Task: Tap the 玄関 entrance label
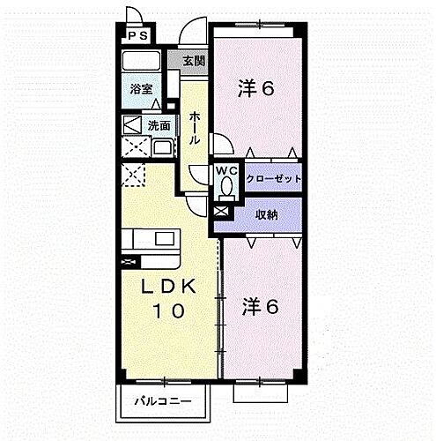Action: coord(194,61)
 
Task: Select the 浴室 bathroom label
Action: coord(140,89)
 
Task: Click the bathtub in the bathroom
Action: coord(141,62)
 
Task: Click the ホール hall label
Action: coord(194,129)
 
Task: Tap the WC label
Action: coord(226,170)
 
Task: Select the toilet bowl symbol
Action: coord(226,188)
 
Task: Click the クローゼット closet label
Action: coord(273,179)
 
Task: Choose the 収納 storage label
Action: coord(268,213)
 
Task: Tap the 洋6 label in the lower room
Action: coord(261,307)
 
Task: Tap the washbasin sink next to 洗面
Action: coord(162,147)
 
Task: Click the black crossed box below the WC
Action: coord(220,213)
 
